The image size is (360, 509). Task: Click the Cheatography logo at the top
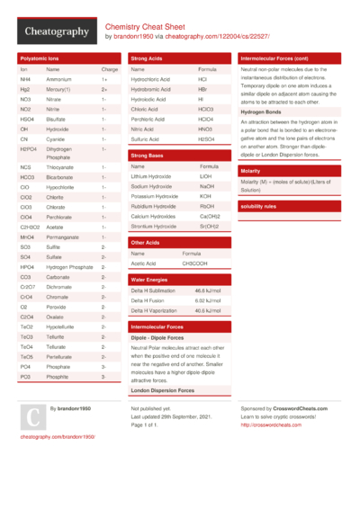click(x=55, y=32)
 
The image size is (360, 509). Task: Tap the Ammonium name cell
click(x=59, y=79)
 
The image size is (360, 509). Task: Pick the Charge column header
click(x=109, y=69)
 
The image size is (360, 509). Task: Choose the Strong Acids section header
click(x=147, y=58)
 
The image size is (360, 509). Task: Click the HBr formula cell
click(x=202, y=90)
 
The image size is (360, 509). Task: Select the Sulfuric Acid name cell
click(x=147, y=139)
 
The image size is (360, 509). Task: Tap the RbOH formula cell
click(x=207, y=206)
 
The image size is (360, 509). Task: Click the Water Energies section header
click(x=149, y=280)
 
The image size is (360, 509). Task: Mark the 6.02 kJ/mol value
click(x=208, y=300)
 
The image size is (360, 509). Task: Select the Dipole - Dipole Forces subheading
click(x=156, y=337)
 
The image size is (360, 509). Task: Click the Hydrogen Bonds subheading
click(x=259, y=111)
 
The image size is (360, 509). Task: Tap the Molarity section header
click(x=250, y=170)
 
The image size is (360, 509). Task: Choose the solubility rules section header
click(x=258, y=206)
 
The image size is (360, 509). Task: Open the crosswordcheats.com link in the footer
click(x=270, y=424)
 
